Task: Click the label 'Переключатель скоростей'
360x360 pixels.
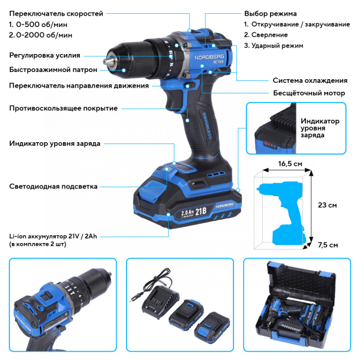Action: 56,13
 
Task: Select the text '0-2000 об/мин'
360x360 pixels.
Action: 45,36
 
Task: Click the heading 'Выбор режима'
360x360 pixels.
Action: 270,13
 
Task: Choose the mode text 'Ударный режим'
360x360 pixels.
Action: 281,46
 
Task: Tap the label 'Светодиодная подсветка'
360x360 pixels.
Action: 53,187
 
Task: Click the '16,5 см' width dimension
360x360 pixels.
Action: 290,163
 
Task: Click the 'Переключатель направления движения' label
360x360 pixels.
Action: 79,86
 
